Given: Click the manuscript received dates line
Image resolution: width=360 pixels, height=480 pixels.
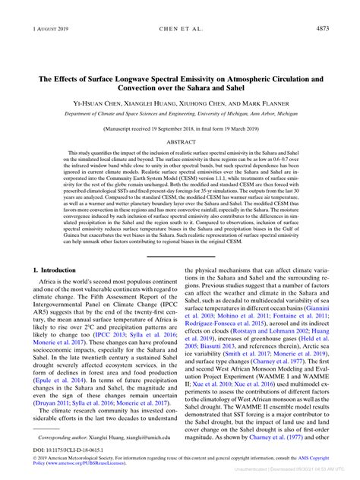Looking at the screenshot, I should (180, 109).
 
